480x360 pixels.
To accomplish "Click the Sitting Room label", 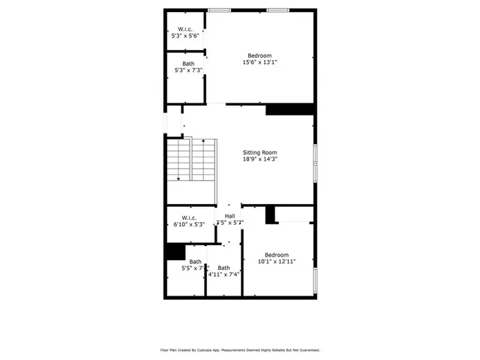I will [x=259, y=152].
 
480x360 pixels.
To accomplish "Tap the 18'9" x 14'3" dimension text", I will [x=259, y=159].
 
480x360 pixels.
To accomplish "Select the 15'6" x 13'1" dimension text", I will [x=259, y=63].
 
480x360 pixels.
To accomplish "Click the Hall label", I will [x=229, y=216].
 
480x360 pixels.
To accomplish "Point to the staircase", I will [x=190, y=160].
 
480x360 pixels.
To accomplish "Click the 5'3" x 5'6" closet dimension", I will [x=185, y=36].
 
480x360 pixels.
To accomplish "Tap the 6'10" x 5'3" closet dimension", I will [x=188, y=224].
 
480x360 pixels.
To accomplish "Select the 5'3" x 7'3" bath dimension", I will [x=187, y=70].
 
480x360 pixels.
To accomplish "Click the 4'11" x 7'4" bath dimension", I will [x=224, y=274].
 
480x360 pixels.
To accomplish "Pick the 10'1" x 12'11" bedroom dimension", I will [x=277, y=262].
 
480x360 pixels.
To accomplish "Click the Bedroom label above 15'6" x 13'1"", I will [x=259, y=55].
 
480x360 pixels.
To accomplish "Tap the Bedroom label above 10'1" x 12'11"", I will [x=277, y=254].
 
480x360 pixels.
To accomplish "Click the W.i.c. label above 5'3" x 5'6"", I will [x=185, y=29].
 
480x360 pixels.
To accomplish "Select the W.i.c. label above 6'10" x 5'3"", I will [x=188, y=217].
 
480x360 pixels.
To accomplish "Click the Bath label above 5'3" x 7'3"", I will [x=187, y=64].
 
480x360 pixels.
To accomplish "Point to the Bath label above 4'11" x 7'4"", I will [x=224, y=268].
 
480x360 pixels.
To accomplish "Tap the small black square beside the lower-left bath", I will [x=175, y=252].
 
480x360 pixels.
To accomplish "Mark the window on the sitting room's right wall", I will [x=315, y=159].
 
